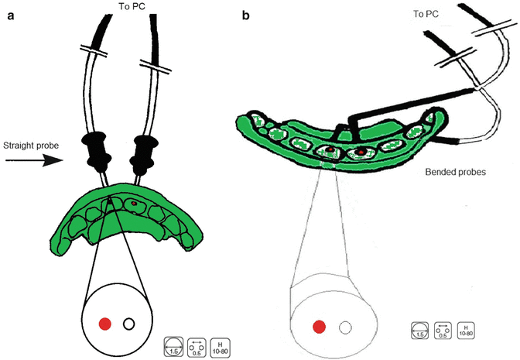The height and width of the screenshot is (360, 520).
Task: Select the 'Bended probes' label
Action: (x=453, y=173)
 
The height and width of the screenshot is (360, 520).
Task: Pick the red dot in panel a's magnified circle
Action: (x=105, y=323)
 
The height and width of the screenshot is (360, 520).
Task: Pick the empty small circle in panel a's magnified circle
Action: (x=129, y=323)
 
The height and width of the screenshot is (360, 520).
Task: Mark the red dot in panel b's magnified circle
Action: (x=319, y=327)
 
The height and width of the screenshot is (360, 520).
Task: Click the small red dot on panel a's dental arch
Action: (x=135, y=204)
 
